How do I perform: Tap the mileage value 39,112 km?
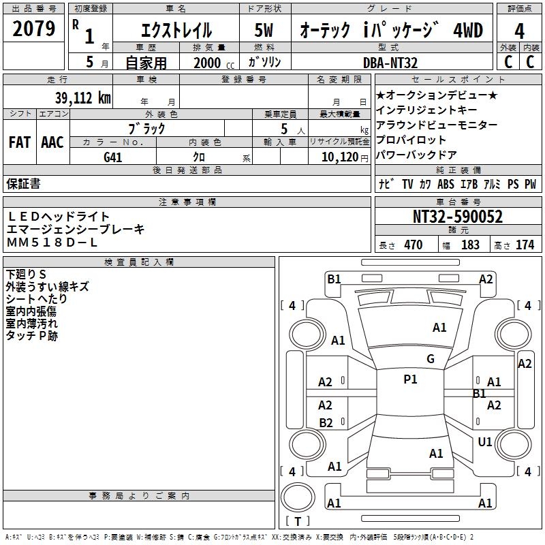click(x=82, y=98)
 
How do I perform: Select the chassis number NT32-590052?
click(x=458, y=217)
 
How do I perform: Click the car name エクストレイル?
click(x=176, y=31)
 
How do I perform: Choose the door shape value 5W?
click(x=265, y=31)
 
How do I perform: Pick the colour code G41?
click(x=113, y=157)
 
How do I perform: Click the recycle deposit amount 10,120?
click(x=337, y=157)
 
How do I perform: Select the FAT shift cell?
click(x=20, y=142)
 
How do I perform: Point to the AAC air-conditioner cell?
click(x=52, y=142)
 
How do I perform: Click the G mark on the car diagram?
click(x=430, y=359)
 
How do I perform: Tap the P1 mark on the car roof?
click(x=410, y=379)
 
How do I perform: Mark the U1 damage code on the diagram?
click(x=485, y=442)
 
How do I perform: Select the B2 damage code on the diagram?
click(x=326, y=422)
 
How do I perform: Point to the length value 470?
click(x=413, y=245)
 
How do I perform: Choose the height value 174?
click(x=525, y=245)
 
